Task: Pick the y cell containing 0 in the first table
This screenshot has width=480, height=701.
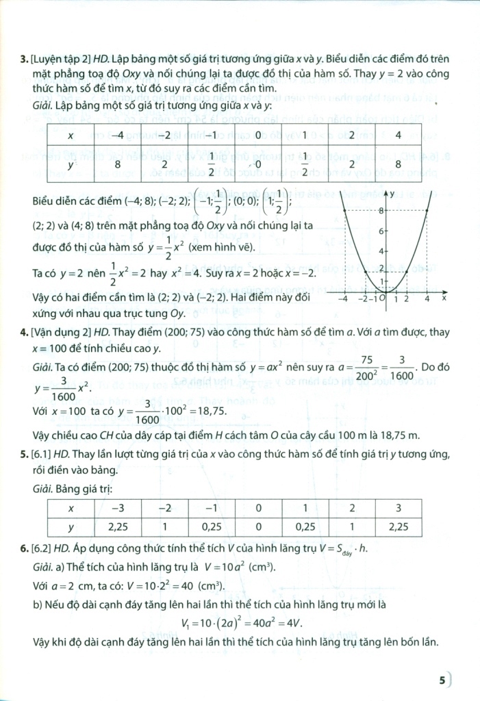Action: (x=258, y=164)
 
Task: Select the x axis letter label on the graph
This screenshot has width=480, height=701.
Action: (x=443, y=298)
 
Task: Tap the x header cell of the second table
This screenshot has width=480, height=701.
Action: (x=71, y=509)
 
